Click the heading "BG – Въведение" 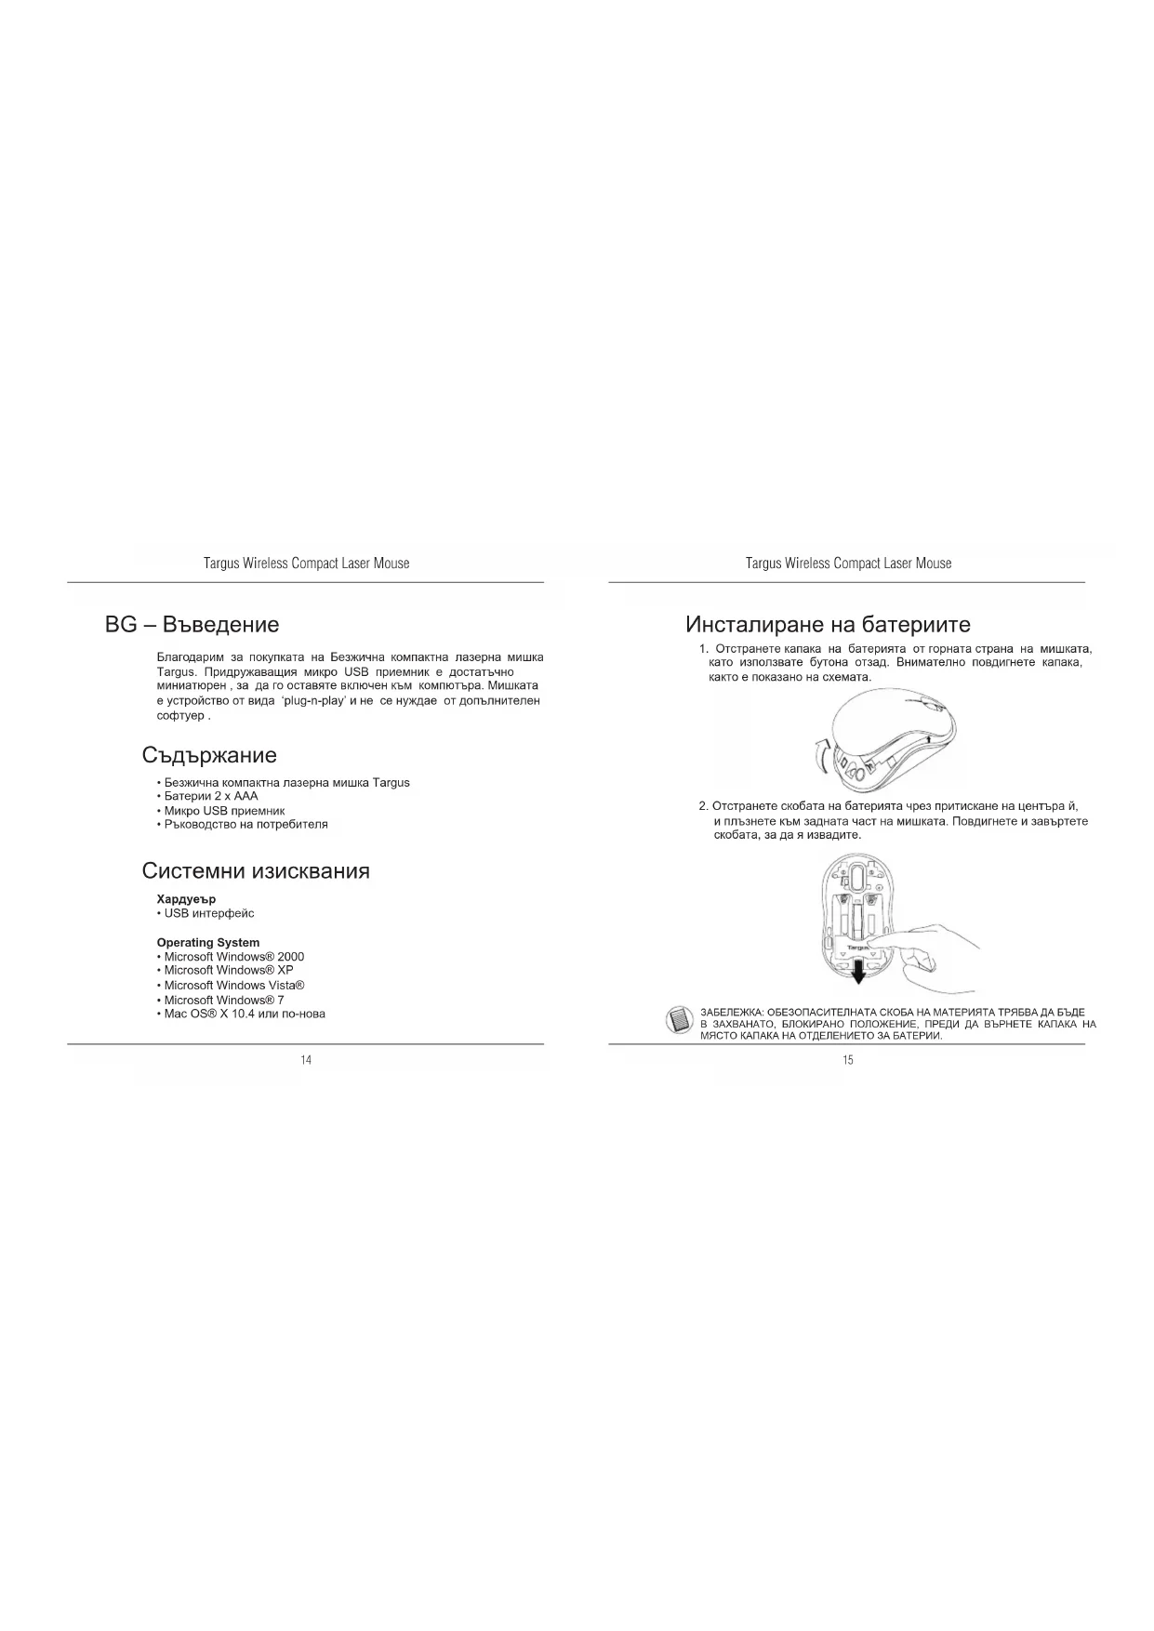(x=192, y=624)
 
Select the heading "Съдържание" (x=209, y=754)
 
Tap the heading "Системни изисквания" (x=256, y=871)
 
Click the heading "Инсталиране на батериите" (x=828, y=624)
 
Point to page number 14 (x=306, y=1061)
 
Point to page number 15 (x=848, y=1061)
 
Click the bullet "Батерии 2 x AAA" (x=210, y=796)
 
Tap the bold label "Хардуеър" (x=186, y=899)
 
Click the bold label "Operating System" (x=208, y=942)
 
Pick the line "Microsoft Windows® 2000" (x=232, y=957)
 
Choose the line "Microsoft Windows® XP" (x=228, y=970)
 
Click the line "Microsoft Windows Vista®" (x=233, y=985)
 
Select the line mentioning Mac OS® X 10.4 (x=244, y=1014)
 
